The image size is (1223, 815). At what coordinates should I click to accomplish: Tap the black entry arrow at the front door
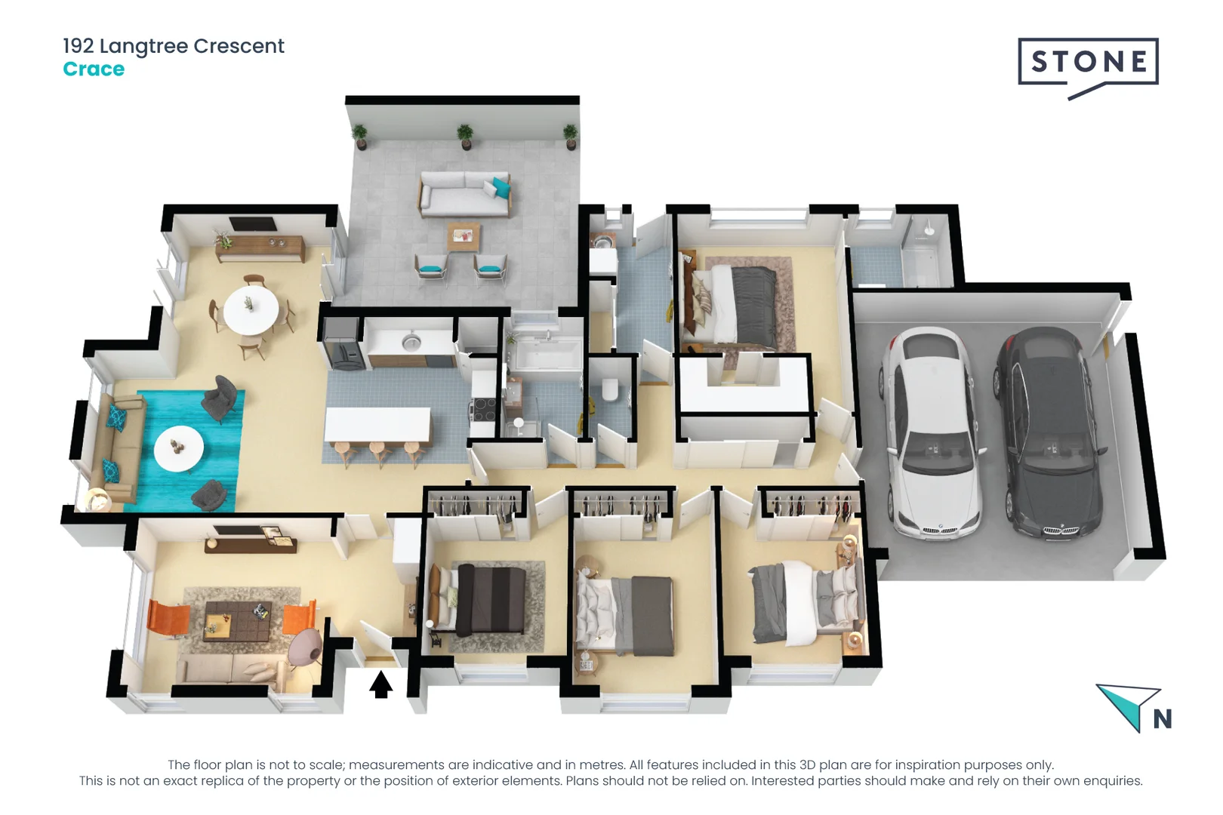pyautogui.click(x=380, y=684)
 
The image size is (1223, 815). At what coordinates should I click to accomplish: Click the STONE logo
pyautogui.click(x=1088, y=63)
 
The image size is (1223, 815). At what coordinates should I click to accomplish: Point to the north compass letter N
pyautogui.click(x=1163, y=719)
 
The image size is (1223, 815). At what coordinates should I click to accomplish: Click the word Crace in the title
pyautogui.click(x=94, y=69)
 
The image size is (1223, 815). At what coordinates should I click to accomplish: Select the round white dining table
pyautogui.click(x=251, y=309)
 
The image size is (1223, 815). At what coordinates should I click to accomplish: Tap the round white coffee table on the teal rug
pyautogui.click(x=179, y=448)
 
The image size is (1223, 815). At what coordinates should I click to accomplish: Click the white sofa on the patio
pyautogui.click(x=464, y=194)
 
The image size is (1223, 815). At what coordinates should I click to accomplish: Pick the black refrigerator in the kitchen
pyautogui.click(x=343, y=343)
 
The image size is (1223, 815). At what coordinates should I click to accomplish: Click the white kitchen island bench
pyautogui.click(x=377, y=425)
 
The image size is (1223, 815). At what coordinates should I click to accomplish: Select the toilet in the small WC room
pyautogui.click(x=610, y=389)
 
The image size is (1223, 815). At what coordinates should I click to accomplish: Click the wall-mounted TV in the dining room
pyautogui.click(x=252, y=223)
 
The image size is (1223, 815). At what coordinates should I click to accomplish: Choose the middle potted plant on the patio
pyautogui.click(x=465, y=137)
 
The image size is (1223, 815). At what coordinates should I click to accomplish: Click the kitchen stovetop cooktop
pyautogui.click(x=484, y=409)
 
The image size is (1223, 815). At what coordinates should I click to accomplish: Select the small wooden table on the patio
pyautogui.click(x=463, y=237)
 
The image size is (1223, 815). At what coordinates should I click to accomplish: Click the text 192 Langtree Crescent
pyautogui.click(x=174, y=46)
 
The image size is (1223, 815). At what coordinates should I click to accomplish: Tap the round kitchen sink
pyautogui.click(x=411, y=343)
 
